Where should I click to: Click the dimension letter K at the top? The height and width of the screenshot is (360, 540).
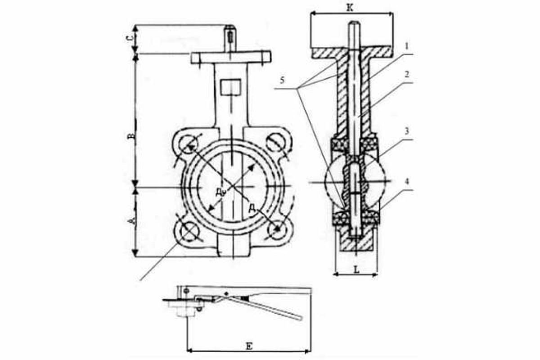pyautogui.click(x=350, y=8)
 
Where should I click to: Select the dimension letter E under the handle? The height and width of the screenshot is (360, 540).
pyautogui.click(x=249, y=346)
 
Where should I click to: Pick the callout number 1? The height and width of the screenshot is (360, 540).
pyautogui.click(x=407, y=46)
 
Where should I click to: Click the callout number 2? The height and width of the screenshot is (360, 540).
pyautogui.click(x=407, y=75)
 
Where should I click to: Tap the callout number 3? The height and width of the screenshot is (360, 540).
pyautogui.click(x=407, y=131)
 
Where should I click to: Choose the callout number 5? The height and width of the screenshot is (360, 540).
pyautogui.click(x=282, y=80)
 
